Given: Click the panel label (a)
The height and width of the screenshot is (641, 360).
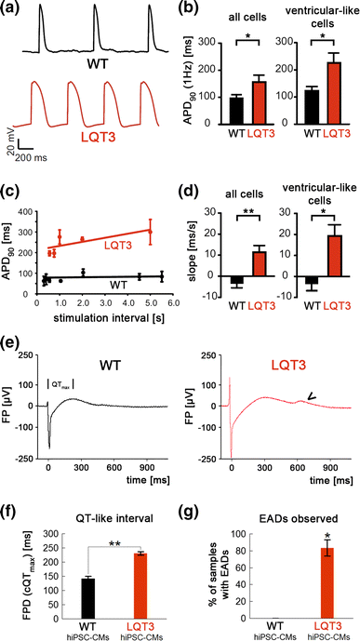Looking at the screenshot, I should (12, 8).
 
